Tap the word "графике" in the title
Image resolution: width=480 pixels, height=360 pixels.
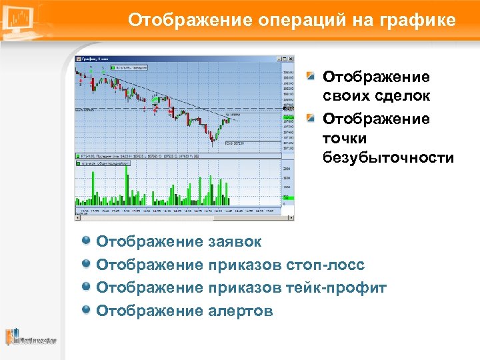point(418,21)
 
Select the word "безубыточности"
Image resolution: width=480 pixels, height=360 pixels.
point(388,158)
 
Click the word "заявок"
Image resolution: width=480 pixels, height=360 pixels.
point(235,241)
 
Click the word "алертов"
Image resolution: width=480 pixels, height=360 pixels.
point(240,310)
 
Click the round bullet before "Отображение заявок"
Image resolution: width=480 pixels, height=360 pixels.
point(86,241)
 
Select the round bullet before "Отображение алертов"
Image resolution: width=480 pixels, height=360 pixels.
point(86,309)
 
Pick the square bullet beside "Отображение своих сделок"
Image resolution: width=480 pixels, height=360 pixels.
point(311,77)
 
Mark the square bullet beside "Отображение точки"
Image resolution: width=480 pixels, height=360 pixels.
point(311,119)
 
